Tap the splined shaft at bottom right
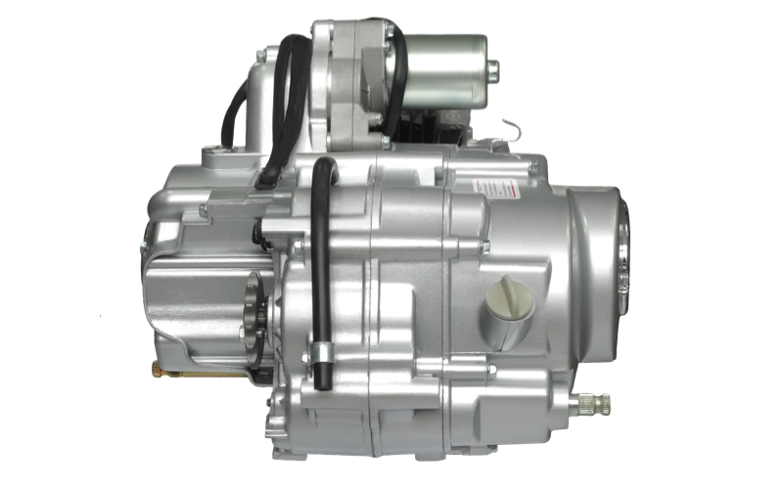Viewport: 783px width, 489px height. (593, 402)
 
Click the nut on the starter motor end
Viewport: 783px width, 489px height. (493, 68)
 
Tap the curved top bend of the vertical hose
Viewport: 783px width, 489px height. (320, 166)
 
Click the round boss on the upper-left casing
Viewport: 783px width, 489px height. (215, 155)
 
